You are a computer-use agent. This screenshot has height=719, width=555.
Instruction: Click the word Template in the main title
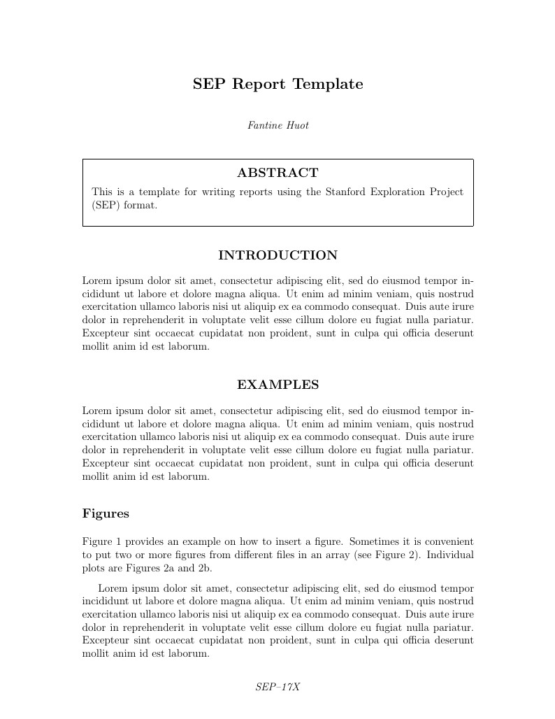click(327, 85)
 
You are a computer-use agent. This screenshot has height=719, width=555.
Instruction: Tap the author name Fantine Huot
click(277, 126)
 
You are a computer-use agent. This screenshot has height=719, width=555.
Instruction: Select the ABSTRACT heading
click(277, 173)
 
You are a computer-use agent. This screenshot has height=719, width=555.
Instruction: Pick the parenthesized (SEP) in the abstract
click(105, 206)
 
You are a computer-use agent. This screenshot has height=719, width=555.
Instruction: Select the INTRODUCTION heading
click(277, 255)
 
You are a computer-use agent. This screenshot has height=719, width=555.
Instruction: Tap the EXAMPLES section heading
click(277, 385)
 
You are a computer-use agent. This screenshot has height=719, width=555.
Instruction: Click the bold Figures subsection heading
click(106, 513)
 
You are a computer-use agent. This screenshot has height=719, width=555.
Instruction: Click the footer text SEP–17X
click(277, 687)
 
